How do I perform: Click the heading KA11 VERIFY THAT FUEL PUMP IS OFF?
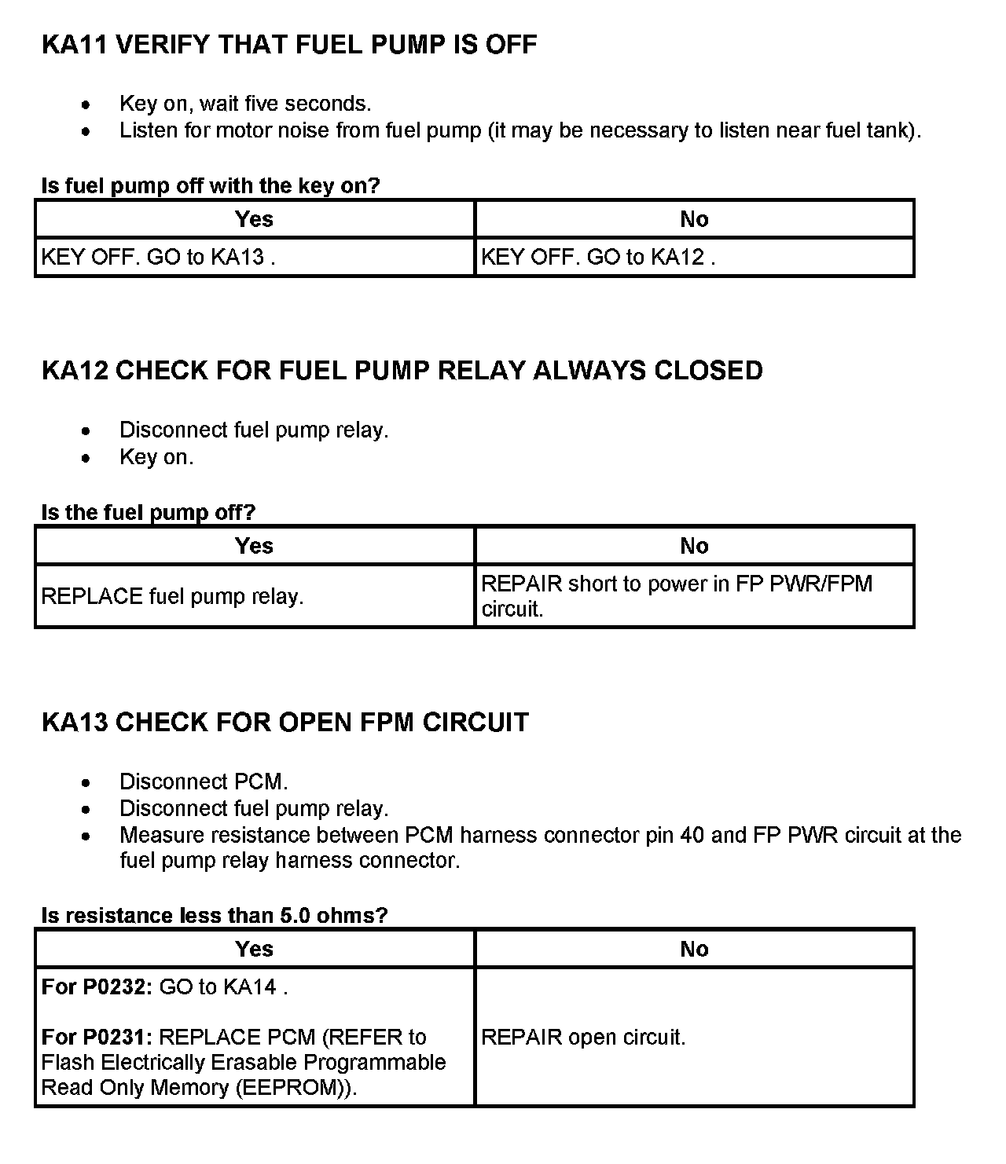pyautogui.click(x=288, y=44)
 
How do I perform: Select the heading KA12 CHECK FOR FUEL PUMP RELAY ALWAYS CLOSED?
pyautogui.click(x=402, y=371)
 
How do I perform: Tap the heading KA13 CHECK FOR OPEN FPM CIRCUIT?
pyautogui.click(x=285, y=723)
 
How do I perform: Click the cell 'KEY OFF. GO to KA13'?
pyautogui.click(x=255, y=258)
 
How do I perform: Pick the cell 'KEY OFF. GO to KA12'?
pyautogui.click(x=694, y=258)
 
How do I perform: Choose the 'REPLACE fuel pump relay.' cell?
pyautogui.click(x=255, y=596)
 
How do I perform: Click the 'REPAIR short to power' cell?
pyautogui.click(x=694, y=596)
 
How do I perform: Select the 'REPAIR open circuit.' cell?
pyautogui.click(x=694, y=1037)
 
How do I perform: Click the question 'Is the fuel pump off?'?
pyautogui.click(x=149, y=512)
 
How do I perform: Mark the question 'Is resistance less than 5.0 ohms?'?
pyautogui.click(x=215, y=915)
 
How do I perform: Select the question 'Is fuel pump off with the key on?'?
pyautogui.click(x=211, y=185)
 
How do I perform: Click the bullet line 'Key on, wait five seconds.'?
pyautogui.click(x=245, y=104)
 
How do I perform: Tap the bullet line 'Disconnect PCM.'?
pyautogui.click(x=204, y=782)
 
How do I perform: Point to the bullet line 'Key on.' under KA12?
pyautogui.click(x=156, y=457)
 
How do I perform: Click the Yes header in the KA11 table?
pyautogui.click(x=255, y=219)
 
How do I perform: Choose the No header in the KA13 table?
pyautogui.click(x=694, y=949)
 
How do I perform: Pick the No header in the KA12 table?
pyautogui.click(x=694, y=546)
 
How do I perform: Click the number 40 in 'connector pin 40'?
pyautogui.click(x=692, y=835)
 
